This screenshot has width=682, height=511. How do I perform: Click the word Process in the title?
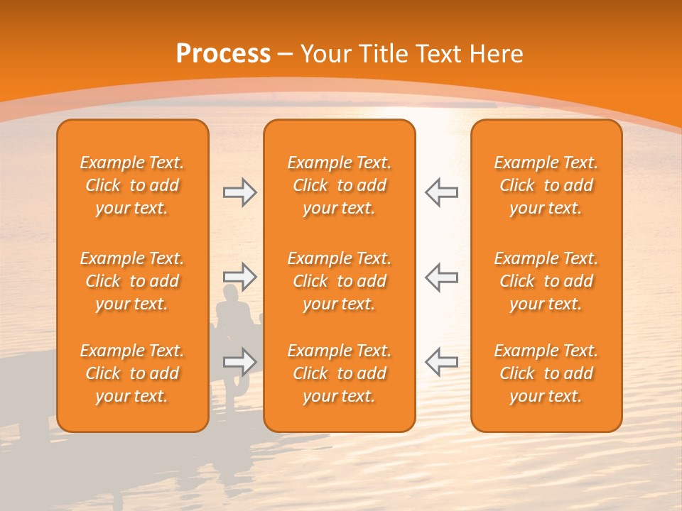[223, 54]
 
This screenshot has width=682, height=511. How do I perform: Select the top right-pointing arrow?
[239, 192]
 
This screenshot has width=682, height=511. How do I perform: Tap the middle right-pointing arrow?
[239, 277]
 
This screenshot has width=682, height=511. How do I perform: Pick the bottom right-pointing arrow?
[239, 362]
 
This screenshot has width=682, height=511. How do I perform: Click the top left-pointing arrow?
[441, 192]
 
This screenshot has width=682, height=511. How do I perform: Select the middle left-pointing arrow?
[441, 277]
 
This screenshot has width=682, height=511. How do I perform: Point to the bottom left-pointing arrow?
[441, 362]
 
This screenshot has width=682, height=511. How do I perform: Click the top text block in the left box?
[132, 185]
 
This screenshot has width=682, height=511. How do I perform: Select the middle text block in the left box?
[132, 281]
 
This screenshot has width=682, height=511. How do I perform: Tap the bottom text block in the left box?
[132, 373]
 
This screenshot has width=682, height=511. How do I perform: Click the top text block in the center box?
[339, 185]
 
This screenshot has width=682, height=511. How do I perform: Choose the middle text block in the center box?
[339, 281]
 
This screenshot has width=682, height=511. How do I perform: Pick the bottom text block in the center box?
[339, 373]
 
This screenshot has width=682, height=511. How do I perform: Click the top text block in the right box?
[546, 185]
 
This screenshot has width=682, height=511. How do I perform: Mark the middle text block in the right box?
[546, 281]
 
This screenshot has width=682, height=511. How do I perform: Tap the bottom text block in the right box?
[546, 373]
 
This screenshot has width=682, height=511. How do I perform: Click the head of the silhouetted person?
[231, 292]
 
